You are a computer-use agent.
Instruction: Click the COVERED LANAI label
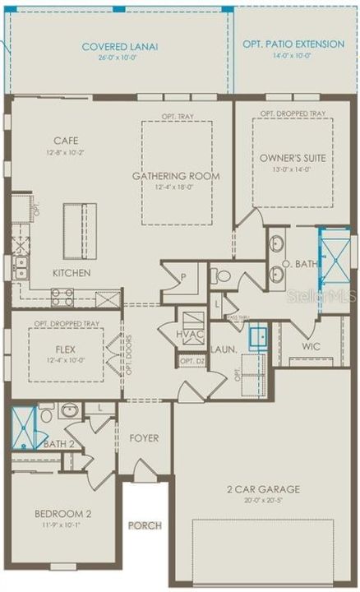point(120,47)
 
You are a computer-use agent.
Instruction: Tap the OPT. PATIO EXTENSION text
point(293,44)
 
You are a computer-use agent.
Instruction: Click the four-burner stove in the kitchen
point(63,297)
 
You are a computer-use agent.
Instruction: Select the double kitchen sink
point(20,267)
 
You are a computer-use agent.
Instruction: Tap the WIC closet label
point(311,347)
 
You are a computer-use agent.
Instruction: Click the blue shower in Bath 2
point(23,428)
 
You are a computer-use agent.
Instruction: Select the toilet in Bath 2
point(46,414)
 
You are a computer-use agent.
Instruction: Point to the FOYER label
point(145,438)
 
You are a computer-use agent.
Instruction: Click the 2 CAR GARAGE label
point(263,489)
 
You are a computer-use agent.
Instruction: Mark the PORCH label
point(144,525)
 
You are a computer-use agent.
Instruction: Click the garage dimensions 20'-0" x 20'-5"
point(263,501)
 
